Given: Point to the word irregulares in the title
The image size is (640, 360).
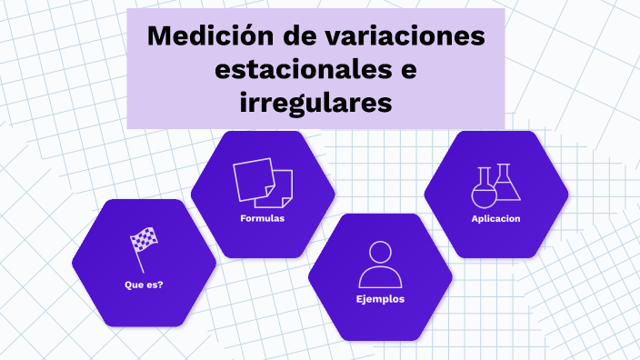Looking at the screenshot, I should [x=315, y=102].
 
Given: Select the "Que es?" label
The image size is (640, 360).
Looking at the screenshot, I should [x=144, y=285].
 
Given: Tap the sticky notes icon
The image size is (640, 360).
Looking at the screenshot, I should [x=263, y=183].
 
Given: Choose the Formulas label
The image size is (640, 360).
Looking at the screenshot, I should [x=263, y=219].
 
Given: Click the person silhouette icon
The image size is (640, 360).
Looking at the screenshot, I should [x=380, y=265].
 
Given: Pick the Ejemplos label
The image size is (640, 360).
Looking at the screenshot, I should [x=380, y=299].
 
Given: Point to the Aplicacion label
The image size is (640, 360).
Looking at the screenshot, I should [x=495, y=219].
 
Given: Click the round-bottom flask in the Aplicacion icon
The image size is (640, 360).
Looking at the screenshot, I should [x=483, y=191].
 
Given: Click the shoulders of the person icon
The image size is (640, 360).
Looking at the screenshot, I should [x=380, y=277].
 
